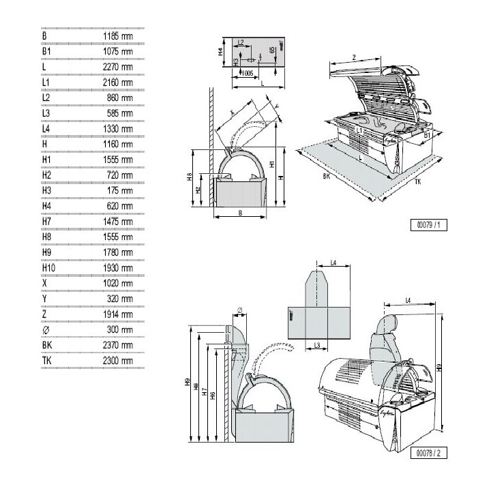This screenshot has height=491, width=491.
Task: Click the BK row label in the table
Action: (x=47, y=345)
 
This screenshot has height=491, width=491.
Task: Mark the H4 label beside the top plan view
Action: (x=221, y=51)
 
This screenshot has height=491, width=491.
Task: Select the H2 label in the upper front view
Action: (x=198, y=190)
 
